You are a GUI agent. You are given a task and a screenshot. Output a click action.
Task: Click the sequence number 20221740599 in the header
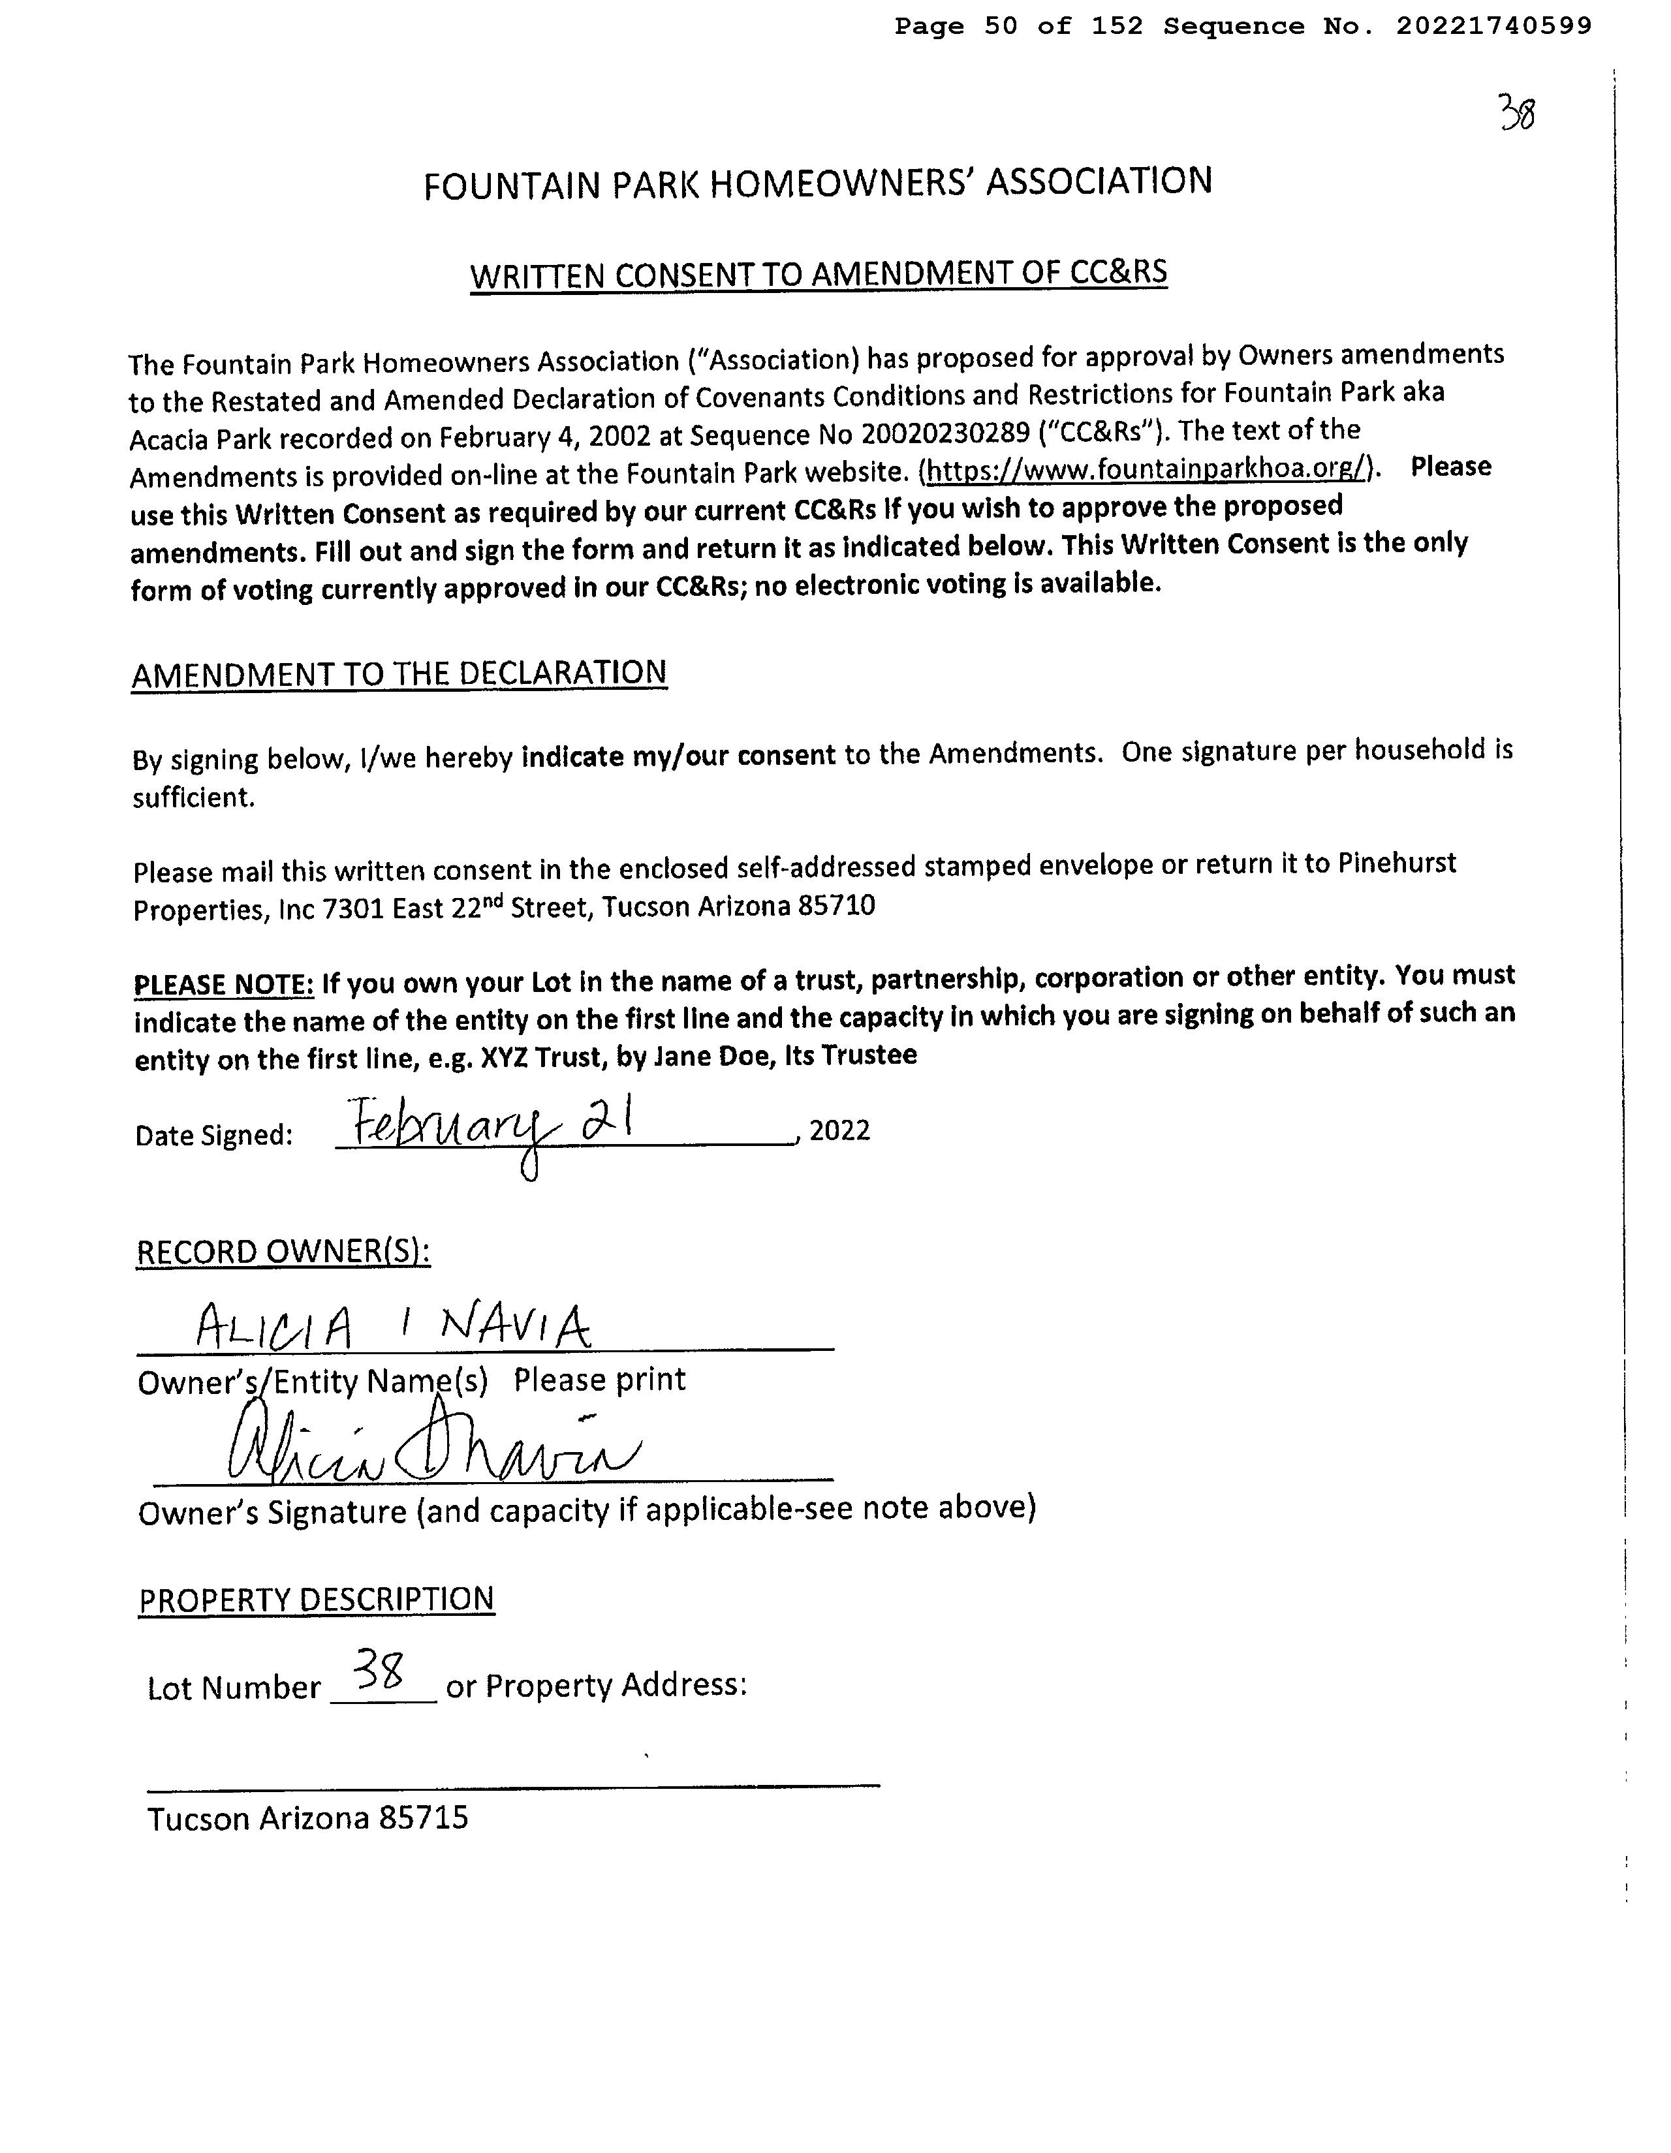(1493, 27)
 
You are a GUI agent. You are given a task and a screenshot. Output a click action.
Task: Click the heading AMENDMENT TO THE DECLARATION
(399, 674)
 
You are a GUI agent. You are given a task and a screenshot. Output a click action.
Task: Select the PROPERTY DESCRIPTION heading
(317, 1598)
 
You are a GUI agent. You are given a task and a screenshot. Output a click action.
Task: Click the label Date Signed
(214, 1136)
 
